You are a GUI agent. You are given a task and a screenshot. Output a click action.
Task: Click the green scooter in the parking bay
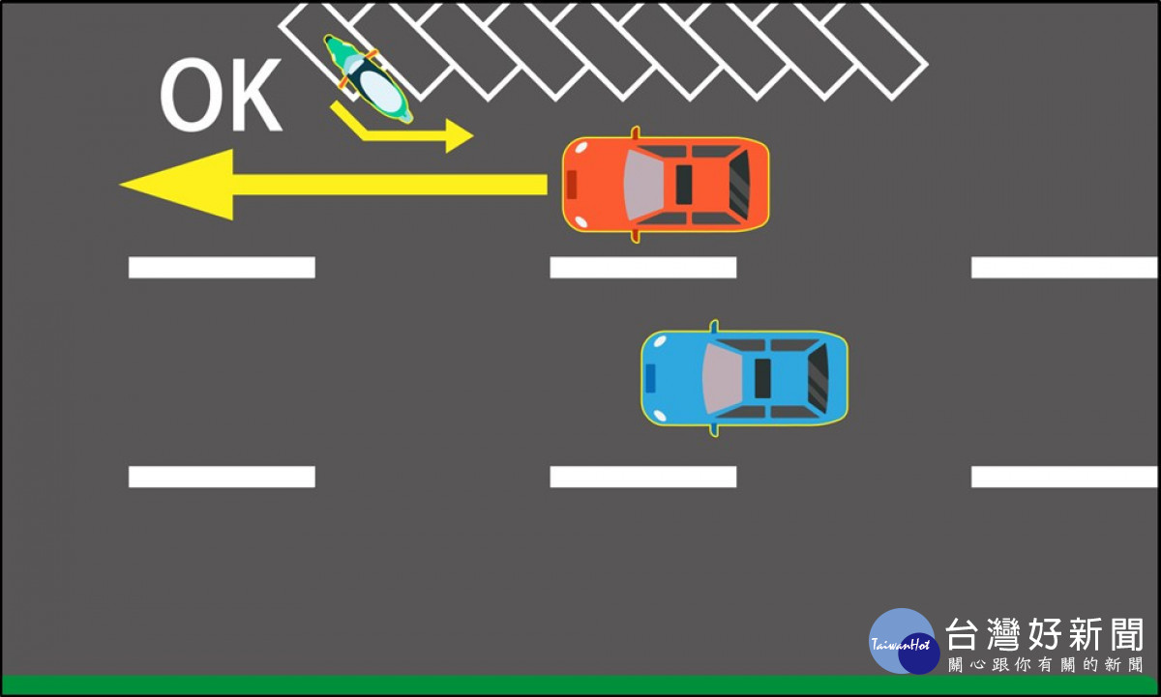pos(368,78)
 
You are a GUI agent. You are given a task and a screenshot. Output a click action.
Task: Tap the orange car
pos(666,185)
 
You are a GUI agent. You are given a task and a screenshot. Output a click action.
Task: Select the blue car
pos(744,378)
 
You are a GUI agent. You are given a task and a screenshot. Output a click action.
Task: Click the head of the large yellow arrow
pos(176,185)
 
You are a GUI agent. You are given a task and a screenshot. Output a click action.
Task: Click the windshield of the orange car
pos(643,185)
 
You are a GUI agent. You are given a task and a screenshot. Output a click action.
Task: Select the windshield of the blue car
pos(722,379)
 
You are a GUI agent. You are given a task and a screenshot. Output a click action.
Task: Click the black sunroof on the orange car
pos(684,185)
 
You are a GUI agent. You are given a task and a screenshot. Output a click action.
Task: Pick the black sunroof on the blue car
pos(762,379)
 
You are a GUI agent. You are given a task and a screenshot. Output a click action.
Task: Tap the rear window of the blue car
pos(818,379)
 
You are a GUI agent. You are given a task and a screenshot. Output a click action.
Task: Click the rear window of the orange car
pos(739,185)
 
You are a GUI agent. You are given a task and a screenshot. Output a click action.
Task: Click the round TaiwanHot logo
pos(905,641)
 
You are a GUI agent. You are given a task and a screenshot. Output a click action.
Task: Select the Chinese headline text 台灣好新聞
pos(1044,634)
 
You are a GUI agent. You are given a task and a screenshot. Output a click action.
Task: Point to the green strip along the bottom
pos(580,685)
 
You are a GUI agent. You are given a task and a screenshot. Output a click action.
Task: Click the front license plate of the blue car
pos(650,379)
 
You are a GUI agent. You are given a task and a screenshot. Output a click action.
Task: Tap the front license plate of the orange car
pos(571,185)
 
